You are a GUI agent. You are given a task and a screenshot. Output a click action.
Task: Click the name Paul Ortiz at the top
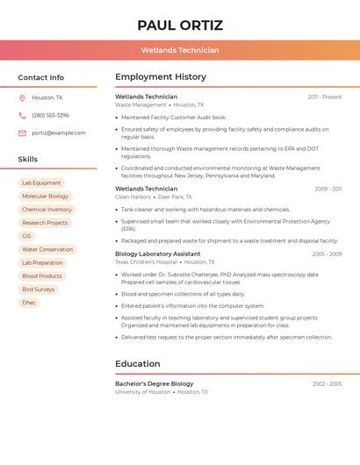180,25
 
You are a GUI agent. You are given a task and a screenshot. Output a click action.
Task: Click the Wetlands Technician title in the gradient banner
180,50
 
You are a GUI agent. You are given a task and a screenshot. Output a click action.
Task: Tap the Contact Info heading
40,77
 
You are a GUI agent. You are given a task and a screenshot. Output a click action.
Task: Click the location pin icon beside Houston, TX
22,97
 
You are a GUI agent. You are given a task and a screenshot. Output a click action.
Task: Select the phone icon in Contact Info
22,115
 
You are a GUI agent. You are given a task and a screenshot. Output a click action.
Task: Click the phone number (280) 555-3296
50,115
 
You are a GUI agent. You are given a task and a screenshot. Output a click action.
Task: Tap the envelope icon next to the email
22,133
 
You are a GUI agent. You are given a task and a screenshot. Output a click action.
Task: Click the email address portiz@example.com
59,133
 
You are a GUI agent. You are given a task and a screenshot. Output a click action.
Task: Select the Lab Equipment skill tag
41,183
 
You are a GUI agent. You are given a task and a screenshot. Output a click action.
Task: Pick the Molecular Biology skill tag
45,197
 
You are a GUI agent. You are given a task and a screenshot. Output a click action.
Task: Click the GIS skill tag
26,236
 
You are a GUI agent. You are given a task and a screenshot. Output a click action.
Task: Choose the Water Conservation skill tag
47,249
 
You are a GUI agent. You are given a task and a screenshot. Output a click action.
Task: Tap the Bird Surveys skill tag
38,290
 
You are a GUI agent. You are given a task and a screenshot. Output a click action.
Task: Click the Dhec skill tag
28,303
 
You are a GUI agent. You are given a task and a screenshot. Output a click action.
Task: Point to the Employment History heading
161,77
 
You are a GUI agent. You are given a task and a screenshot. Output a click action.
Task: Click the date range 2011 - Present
325,97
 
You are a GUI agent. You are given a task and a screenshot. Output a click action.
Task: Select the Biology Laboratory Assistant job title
158,254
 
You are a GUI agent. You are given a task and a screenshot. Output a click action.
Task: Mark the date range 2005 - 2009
327,254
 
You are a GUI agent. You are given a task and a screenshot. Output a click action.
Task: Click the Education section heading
138,364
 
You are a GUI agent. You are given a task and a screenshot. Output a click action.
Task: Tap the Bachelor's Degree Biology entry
155,383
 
